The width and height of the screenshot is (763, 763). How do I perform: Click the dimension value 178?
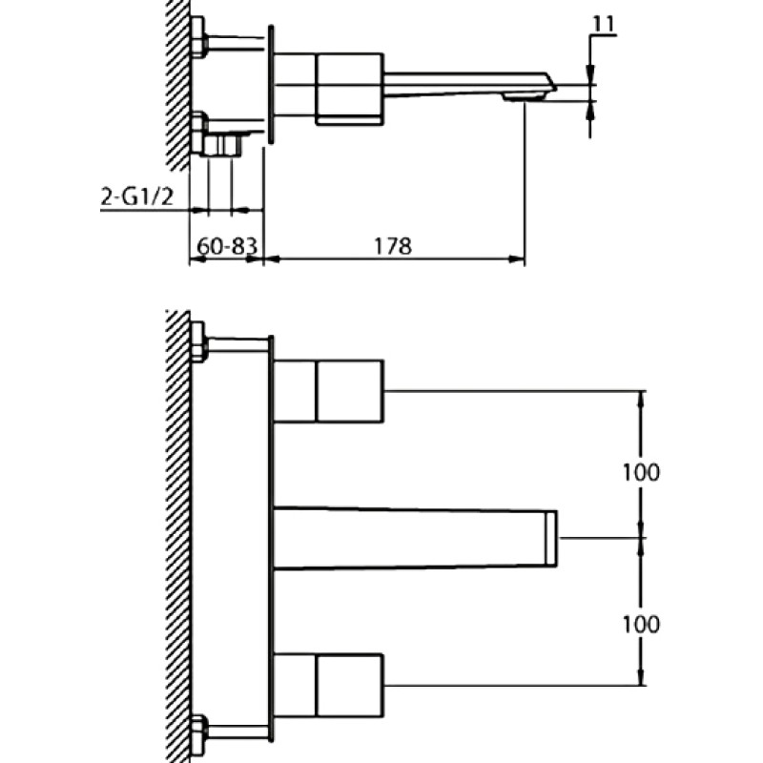coord(393,246)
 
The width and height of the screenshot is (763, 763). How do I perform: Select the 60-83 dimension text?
coord(227,246)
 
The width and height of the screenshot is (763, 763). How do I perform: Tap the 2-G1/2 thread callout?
coord(136,197)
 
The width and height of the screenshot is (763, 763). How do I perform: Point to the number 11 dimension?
coord(604,25)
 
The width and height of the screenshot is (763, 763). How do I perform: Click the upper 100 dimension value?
coord(641,472)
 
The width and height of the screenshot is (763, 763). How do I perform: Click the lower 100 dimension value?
coord(641,624)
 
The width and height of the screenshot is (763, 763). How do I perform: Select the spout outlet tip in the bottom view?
coord(551,539)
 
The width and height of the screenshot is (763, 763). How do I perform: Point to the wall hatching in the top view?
coord(178,85)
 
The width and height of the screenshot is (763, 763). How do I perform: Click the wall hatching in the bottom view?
coord(178,536)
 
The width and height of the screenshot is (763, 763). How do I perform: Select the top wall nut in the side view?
coord(198,37)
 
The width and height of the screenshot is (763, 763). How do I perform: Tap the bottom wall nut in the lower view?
coord(198,735)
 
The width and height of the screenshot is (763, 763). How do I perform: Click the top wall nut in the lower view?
coord(198,342)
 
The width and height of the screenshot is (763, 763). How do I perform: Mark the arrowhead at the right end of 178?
coord(517,259)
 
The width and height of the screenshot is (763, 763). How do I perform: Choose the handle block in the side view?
coord(350,89)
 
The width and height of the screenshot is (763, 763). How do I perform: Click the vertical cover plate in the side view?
coord(271,85)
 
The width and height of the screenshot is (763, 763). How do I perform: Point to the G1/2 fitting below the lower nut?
coord(222,146)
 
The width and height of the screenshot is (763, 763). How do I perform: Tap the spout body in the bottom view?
coord(415,538)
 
